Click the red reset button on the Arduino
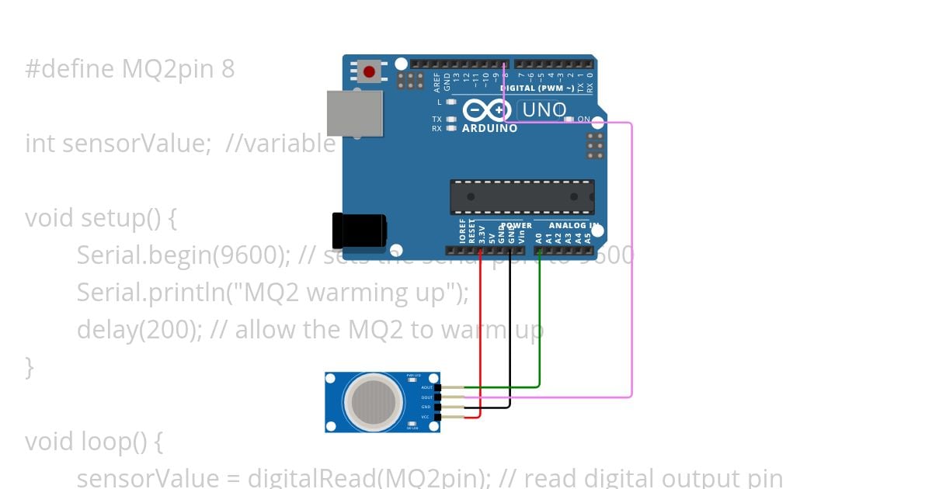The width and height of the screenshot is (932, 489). point(369,72)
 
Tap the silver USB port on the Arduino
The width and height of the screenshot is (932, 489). point(354,113)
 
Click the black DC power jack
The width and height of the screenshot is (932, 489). point(358,231)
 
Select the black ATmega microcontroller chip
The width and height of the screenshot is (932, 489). point(522,196)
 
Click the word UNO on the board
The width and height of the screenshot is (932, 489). point(544,110)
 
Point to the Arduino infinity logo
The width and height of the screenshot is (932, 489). point(486,111)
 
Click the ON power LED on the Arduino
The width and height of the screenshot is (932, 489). point(569,119)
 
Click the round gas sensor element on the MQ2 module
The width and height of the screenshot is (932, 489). point(374,401)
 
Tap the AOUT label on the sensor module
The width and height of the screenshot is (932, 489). point(426,387)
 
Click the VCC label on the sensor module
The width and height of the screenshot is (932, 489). point(426,417)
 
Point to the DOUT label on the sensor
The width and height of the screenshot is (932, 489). point(426,397)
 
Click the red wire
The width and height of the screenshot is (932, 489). point(481,334)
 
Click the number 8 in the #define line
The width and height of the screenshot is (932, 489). point(227,70)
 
